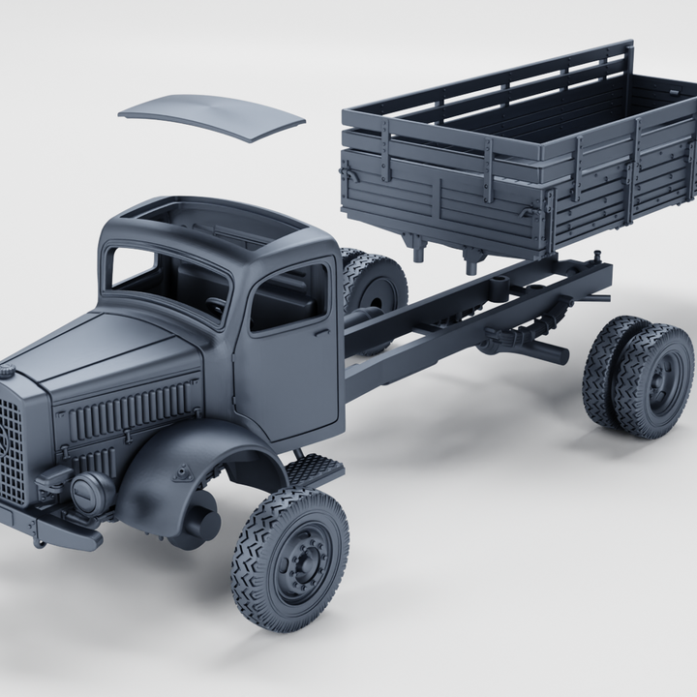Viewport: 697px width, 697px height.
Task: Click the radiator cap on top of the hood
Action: pyautogui.click(x=7, y=371)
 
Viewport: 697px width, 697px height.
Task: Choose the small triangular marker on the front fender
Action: pyautogui.click(x=181, y=472)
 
